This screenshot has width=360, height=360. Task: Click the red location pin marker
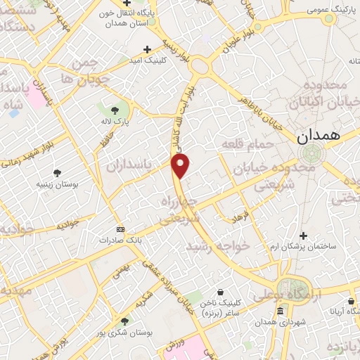coord(181,166)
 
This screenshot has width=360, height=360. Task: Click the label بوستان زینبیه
coord(57,184)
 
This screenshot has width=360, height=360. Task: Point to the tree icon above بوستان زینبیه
coord(57,173)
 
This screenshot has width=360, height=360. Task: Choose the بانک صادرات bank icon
coord(120,230)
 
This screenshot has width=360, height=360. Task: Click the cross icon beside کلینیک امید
coord(147,49)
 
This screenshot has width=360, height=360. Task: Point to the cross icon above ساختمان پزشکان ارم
coord(303,236)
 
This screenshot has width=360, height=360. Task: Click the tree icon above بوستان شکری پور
coord(124,321)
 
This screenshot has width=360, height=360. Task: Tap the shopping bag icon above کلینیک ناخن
coord(221,291)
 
